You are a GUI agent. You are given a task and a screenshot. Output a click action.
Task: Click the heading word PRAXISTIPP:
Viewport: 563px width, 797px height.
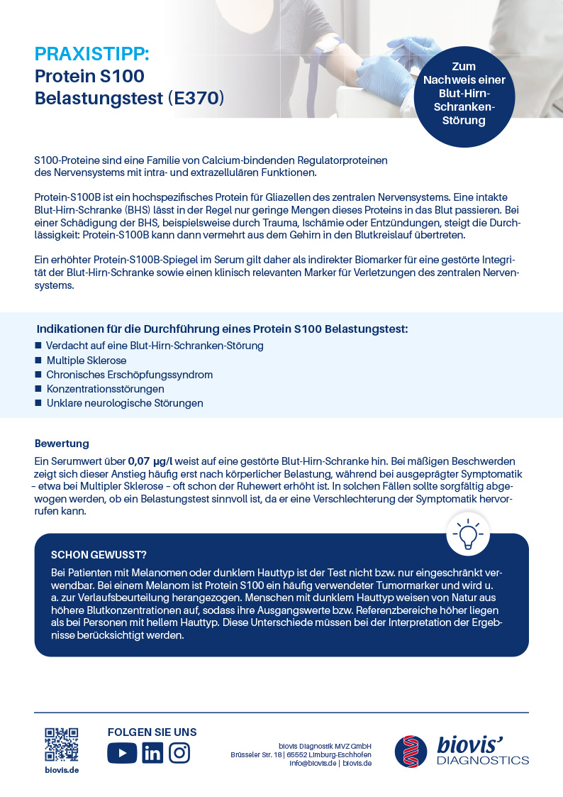click(92, 54)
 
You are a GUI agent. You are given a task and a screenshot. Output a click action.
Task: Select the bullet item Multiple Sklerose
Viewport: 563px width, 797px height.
click(87, 361)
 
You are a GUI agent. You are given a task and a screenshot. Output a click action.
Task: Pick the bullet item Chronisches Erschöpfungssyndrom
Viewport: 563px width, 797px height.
click(129, 375)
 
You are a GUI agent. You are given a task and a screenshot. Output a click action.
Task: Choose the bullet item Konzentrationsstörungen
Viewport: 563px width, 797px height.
click(105, 389)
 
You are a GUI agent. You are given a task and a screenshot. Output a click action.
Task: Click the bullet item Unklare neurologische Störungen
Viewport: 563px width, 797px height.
click(124, 403)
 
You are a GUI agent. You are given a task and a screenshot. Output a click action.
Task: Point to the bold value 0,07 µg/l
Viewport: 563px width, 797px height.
click(150, 461)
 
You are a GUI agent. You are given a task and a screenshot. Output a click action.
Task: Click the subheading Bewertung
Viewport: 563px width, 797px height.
click(62, 444)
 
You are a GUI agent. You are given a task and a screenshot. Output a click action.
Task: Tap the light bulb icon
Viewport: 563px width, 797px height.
click(468, 533)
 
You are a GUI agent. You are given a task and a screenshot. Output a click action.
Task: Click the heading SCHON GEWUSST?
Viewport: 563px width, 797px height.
click(99, 554)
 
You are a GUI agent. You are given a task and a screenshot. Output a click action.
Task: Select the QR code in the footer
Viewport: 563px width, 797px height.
click(62, 744)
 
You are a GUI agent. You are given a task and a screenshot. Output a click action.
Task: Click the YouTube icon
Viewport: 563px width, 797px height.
click(122, 752)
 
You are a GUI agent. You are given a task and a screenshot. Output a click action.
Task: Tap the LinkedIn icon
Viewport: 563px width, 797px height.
click(152, 752)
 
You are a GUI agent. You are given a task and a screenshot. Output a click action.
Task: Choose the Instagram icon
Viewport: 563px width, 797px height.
click(179, 752)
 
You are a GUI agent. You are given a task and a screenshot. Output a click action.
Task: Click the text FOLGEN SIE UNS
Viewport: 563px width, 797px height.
click(152, 732)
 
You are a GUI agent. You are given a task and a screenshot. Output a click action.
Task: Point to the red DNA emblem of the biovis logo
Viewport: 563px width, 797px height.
click(412, 751)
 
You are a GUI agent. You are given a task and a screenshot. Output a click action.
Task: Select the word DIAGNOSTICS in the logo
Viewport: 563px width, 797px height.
click(483, 760)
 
